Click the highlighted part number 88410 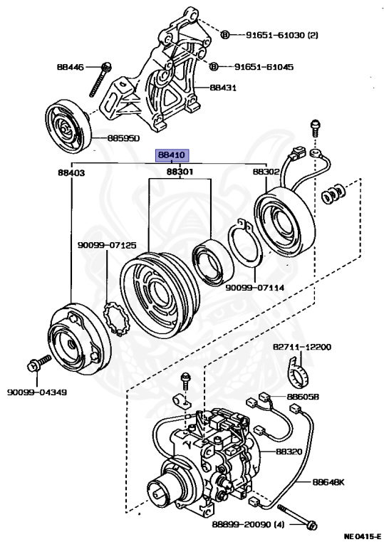tap(172, 155)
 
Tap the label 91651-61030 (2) tap(282, 35)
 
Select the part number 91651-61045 tap(264, 67)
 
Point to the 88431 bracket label tap(223, 87)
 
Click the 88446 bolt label tap(71, 67)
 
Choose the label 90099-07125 tap(107, 245)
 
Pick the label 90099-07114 tap(254, 288)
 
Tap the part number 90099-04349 tap(37, 392)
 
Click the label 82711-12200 tap(302, 347)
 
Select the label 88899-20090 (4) tap(248, 524)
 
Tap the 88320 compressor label tap(289, 451)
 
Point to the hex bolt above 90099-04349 tap(38, 363)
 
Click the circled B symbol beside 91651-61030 tap(225, 34)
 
